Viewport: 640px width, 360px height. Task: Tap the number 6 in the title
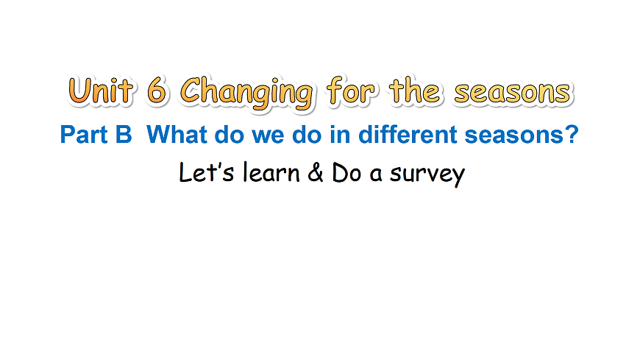coord(157,92)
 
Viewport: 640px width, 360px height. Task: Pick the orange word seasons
coord(513,93)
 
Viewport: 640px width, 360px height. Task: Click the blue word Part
coord(82,135)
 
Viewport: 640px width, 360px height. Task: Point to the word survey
coord(427,175)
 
